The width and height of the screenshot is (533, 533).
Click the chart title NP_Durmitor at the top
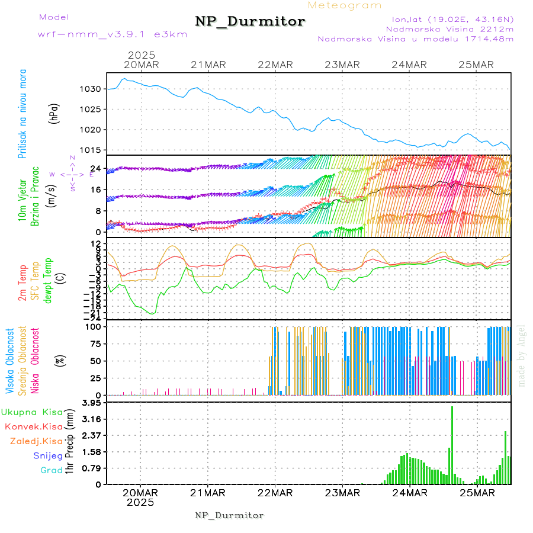click(250, 22)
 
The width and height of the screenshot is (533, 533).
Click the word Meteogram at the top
click(345, 5)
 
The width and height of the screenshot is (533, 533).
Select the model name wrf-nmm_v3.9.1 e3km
click(113, 34)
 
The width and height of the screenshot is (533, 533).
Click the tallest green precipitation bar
click(452, 444)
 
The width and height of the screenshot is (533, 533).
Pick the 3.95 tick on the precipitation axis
click(92, 403)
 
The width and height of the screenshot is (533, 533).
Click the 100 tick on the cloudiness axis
click(95, 326)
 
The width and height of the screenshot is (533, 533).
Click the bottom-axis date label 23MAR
click(342, 493)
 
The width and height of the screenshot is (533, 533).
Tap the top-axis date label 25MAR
click(477, 65)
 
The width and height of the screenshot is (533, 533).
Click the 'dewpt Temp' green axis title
click(49, 280)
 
